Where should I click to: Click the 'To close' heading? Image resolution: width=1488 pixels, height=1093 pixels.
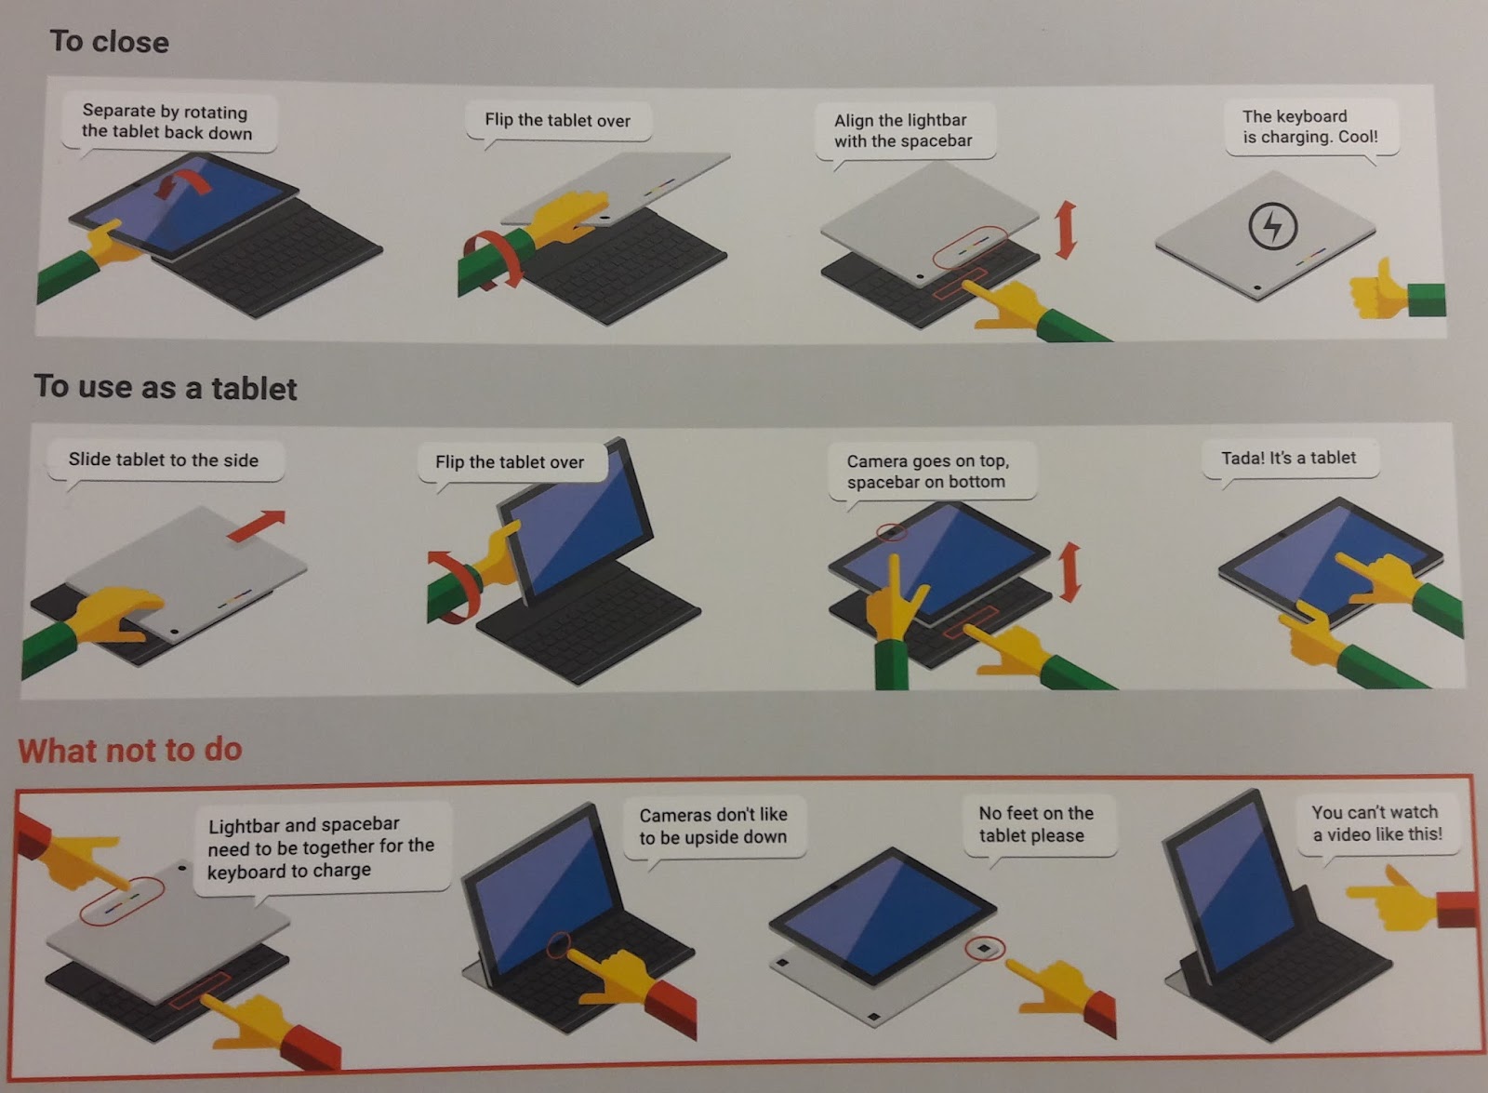pyautogui.click(x=110, y=42)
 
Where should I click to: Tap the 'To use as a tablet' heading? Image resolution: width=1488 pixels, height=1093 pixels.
pyautogui.click(x=166, y=387)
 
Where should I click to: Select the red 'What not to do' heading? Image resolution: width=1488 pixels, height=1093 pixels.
pyautogui.click(x=130, y=750)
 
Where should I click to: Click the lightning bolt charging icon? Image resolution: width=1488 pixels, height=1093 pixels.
pyautogui.click(x=1272, y=226)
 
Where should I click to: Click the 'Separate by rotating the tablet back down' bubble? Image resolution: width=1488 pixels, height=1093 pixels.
pyautogui.click(x=168, y=124)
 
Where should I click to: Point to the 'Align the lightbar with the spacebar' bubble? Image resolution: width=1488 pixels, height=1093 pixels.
pyautogui.click(x=905, y=131)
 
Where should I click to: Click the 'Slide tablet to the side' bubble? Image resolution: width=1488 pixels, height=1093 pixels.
pyautogui.click(x=165, y=461)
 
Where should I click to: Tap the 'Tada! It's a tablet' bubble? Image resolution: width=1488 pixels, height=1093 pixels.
pyautogui.click(x=1290, y=459)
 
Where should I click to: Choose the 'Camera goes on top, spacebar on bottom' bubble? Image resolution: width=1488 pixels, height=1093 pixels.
pyautogui.click(x=931, y=472)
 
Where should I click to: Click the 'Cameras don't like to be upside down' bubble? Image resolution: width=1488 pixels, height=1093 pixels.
pyautogui.click(x=714, y=828)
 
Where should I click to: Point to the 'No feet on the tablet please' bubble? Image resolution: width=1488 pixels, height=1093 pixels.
pyautogui.click(x=1039, y=825)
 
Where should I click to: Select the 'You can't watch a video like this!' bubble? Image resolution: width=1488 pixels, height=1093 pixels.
pyautogui.click(x=1377, y=824)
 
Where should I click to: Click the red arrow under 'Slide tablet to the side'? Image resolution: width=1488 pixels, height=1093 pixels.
pyautogui.click(x=257, y=525)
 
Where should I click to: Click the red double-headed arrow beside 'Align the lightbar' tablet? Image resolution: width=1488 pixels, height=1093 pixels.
pyautogui.click(x=1066, y=230)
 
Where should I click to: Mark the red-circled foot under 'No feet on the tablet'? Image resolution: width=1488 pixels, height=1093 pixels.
pyautogui.click(x=985, y=948)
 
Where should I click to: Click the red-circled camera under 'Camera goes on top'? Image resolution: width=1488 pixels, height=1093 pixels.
pyautogui.click(x=892, y=532)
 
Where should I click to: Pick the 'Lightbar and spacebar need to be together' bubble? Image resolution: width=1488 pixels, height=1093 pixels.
pyautogui.click(x=322, y=848)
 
